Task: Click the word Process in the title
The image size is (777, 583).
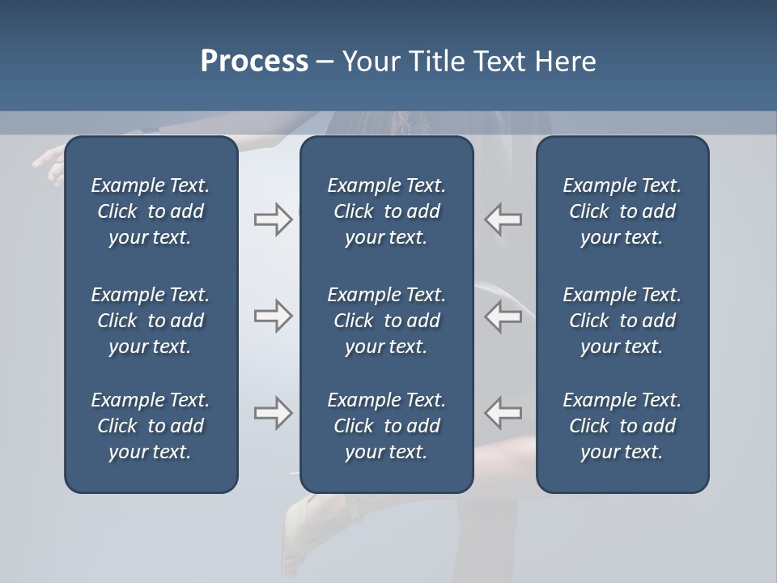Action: click(x=254, y=62)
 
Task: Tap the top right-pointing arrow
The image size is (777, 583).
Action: click(x=273, y=219)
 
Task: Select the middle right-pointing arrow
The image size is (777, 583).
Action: click(x=273, y=316)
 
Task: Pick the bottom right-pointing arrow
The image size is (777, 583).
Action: click(x=273, y=413)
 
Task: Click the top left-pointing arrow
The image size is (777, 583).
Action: click(x=503, y=219)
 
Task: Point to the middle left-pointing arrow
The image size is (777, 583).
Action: click(x=503, y=316)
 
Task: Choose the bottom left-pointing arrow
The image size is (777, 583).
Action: click(x=503, y=413)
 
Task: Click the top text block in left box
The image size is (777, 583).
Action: click(x=151, y=211)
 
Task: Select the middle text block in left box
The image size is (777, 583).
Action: click(x=151, y=321)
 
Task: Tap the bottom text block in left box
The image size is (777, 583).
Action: click(x=151, y=426)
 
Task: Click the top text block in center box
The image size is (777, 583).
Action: click(x=386, y=211)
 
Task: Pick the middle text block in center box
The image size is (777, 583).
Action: click(x=386, y=321)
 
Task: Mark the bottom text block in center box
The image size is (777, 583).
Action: click(x=386, y=426)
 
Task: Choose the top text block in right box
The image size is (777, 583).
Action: click(x=622, y=211)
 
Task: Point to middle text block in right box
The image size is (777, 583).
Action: click(x=622, y=321)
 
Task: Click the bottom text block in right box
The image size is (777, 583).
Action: click(x=622, y=426)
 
